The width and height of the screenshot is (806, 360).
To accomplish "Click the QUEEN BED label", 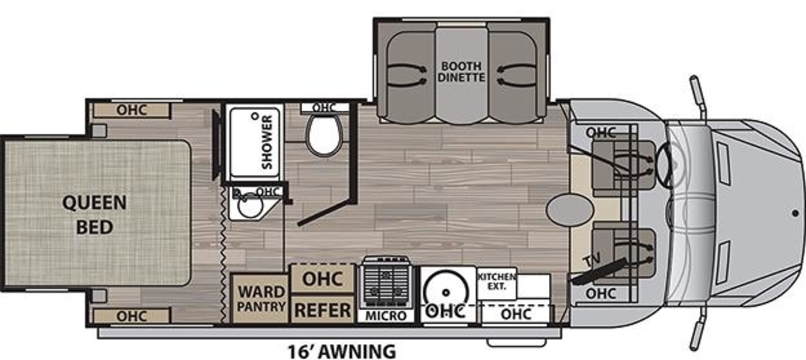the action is tap(95, 215).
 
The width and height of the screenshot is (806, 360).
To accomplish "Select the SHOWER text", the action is tap(267, 142).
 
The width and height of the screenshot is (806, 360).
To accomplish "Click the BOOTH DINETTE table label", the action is tap(461, 72).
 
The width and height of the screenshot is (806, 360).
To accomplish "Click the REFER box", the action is tap(322, 310).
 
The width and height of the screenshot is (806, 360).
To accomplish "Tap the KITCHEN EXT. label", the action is tap(496, 281).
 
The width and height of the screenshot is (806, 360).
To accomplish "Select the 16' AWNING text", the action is tap(341, 351).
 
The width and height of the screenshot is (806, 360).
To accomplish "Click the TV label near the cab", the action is tap(592, 259).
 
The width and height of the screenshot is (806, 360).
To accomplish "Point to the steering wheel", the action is tap(664, 165).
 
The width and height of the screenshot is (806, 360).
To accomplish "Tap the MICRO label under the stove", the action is tap(386, 316).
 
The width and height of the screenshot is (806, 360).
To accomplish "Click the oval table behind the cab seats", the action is tap(570, 210).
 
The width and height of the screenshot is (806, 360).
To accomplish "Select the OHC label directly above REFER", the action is tap(322, 279).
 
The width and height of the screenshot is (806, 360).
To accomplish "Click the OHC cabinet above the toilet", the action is tap(324, 108).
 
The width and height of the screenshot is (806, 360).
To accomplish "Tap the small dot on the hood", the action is tap(795, 214).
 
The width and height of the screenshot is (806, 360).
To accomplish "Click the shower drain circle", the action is tap(255, 116).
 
